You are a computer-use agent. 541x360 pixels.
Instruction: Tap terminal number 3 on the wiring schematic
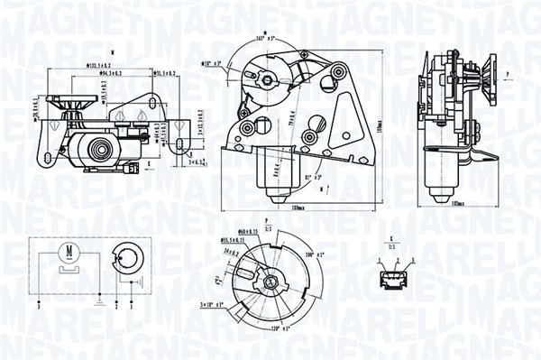pos(40,308)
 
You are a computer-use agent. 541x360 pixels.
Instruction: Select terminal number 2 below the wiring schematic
pos(116,308)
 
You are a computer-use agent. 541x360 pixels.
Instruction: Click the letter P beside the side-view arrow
pos(508,71)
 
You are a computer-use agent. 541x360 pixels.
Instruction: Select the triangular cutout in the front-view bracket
pos(343,125)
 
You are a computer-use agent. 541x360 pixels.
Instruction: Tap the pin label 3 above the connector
pos(412,260)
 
